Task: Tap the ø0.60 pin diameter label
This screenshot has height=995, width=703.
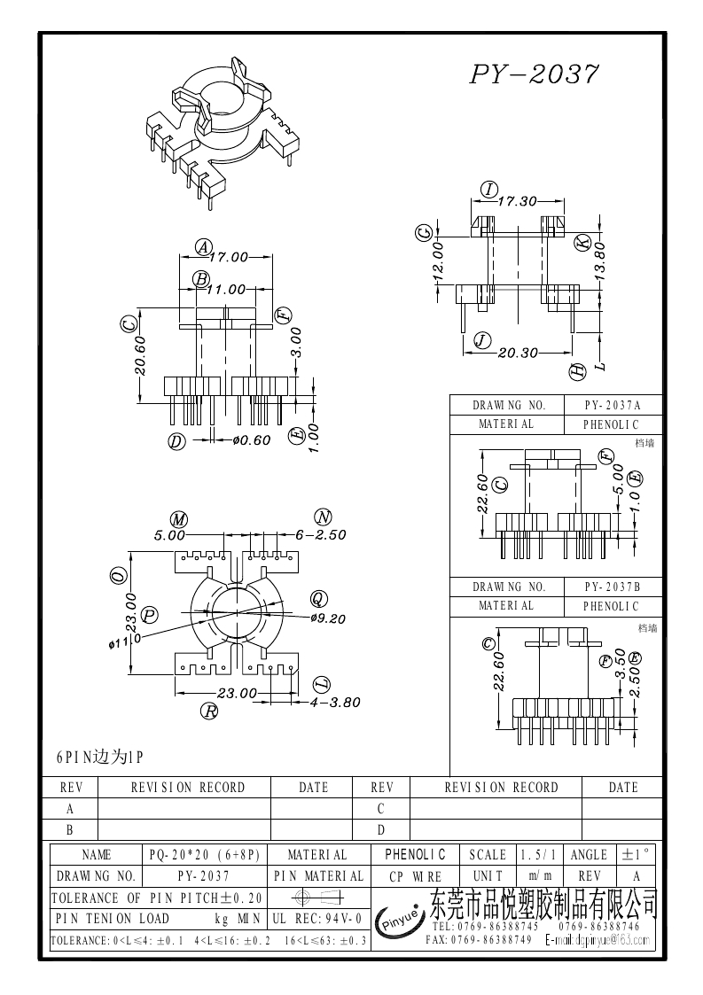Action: (x=250, y=440)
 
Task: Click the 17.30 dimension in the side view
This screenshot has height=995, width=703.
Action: (x=518, y=201)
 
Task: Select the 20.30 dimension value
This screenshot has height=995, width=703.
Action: (x=519, y=353)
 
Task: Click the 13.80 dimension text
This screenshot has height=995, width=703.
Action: (x=599, y=261)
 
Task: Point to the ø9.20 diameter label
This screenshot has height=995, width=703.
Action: (x=328, y=618)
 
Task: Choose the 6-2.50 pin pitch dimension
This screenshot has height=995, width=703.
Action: (x=320, y=535)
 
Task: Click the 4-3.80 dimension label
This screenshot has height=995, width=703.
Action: (x=334, y=703)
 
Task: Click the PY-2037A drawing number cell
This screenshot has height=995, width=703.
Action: (x=612, y=405)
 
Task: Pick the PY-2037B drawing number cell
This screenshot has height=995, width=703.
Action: (x=612, y=587)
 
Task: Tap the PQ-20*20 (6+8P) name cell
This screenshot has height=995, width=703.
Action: (x=205, y=855)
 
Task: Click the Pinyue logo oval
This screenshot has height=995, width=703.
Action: (x=401, y=923)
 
